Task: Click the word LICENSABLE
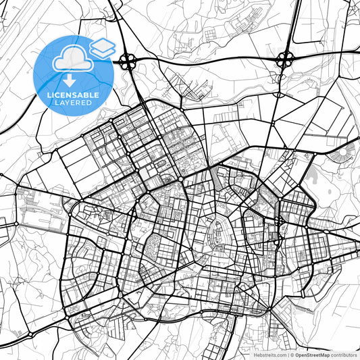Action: [73, 95]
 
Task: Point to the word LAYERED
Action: [73, 104]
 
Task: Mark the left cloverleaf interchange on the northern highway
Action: [126, 63]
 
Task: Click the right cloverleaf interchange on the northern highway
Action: [284, 59]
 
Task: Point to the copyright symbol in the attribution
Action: [292, 354]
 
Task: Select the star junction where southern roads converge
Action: [269, 309]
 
